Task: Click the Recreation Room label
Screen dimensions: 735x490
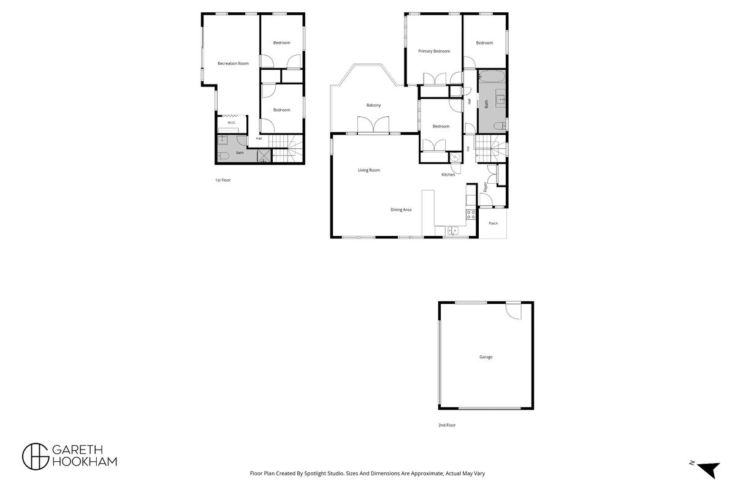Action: [x=233, y=63]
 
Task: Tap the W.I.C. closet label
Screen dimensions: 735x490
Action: [x=232, y=123]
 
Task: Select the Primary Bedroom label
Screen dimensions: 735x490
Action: [x=434, y=51]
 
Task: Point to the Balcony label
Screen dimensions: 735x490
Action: [x=373, y=105]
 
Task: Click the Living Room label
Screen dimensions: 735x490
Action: [x=369, y=170]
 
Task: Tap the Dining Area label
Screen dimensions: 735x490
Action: [x=401, y=209]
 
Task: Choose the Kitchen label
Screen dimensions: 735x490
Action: [x=448, y=175]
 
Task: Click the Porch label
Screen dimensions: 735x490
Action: [x=493, y=224]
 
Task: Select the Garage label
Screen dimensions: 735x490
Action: [x=486, y=357]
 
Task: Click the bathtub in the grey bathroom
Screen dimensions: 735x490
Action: [x=492, y=77]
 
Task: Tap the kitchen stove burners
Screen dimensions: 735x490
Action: [x=471, y=214]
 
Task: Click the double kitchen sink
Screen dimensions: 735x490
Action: [x=452, y=230]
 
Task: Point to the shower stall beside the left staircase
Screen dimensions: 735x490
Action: [x=264, y=156]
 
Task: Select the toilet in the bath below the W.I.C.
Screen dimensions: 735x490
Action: [x=223, y=156]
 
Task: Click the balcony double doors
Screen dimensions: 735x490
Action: [x=373, y=125]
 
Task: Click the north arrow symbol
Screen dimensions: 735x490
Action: [x=709, y=469]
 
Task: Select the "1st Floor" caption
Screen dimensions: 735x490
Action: [x=223, y=180]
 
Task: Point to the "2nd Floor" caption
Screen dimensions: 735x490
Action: [x=447, y=425]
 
